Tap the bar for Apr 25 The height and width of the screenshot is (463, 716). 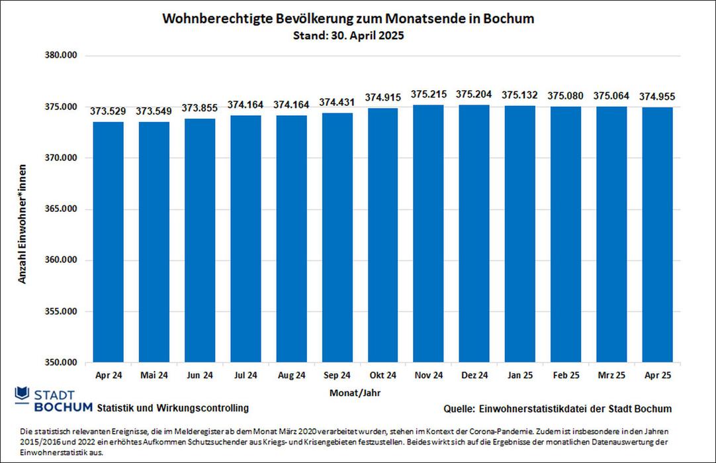click(657, 234)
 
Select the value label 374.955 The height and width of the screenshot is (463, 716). click(657, 97)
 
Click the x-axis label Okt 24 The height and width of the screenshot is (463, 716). click(382, 376)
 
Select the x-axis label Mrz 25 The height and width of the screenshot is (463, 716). click(611, 376)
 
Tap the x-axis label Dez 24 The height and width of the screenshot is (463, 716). click(474, 376)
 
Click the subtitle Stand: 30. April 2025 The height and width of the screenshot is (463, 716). click(348, 36)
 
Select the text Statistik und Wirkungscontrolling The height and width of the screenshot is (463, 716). click(173, 407)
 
